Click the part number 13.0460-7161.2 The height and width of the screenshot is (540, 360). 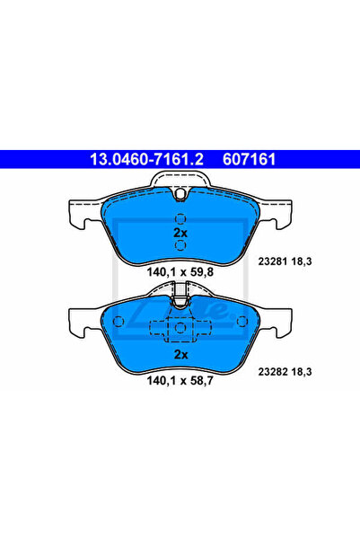coord(146,159)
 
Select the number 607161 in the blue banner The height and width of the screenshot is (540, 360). coord(250,159)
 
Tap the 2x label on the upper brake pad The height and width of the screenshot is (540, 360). coord(180,233)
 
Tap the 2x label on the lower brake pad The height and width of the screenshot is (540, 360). coord(180,354)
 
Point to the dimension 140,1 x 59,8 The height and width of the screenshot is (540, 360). coord(180,272)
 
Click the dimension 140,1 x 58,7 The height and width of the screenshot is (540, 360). coord(180,381)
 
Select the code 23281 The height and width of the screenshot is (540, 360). coord(273,261)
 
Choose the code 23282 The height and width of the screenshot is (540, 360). coord(273,372)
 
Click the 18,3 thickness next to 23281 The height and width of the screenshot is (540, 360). coord(302,261)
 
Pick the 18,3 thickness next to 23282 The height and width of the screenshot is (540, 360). coord(302,372)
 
